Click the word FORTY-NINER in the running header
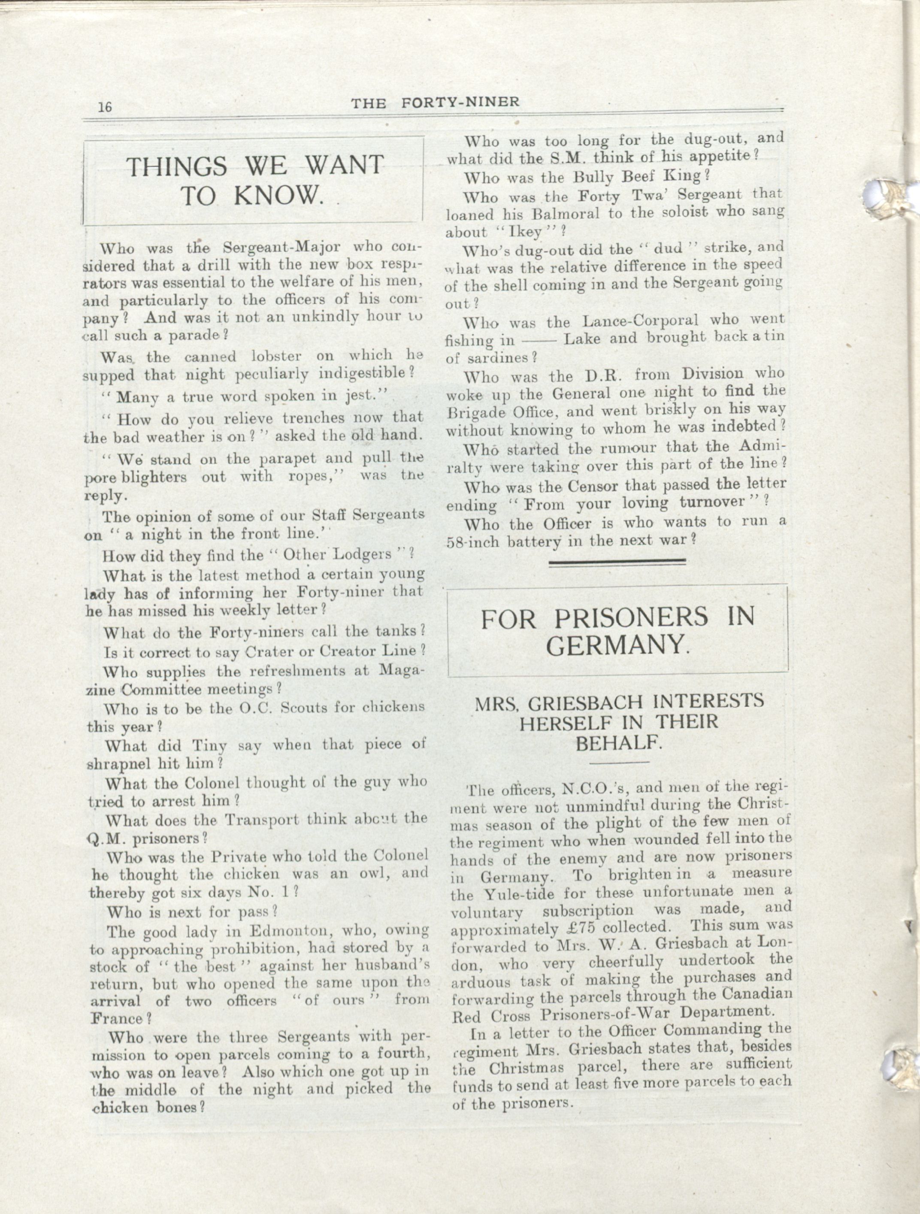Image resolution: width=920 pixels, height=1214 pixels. pyautogui.click(x=460, y=103)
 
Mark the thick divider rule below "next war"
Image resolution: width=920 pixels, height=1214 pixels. pyautogui.click(x=617, y=561)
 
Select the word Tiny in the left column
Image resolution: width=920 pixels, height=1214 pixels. pyautogui.click(x=207, y=746)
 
